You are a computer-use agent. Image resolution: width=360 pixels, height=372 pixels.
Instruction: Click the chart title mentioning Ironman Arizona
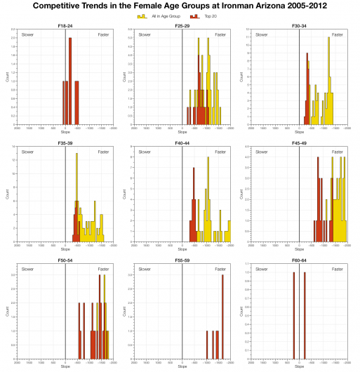pyautogui.click(x=180, y=6)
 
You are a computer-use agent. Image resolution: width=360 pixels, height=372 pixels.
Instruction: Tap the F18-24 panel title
pyautogui.click(x=65, y=26)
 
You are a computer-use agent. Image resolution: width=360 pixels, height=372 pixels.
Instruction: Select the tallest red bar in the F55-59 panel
pyautogui.click(x=223, y=316)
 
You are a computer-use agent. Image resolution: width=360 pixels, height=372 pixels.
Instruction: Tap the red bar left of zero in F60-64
pyautogui.click(x=294, y=316)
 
